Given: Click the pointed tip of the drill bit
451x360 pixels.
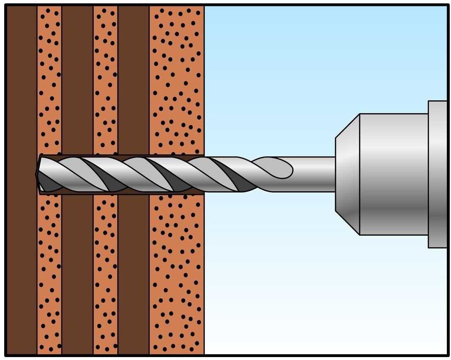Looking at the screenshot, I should click(37, 174).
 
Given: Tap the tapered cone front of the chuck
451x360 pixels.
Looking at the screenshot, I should click(347, 174).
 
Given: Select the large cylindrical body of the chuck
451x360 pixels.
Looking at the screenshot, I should click(393, 174).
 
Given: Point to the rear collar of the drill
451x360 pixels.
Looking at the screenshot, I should click(437, 174).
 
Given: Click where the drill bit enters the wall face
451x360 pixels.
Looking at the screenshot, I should click(204, 174).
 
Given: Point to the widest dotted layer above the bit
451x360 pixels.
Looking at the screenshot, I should click(177, 84).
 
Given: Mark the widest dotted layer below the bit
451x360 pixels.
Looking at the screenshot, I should click(177, 273).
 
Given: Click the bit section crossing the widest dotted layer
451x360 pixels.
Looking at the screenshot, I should click(177, 174).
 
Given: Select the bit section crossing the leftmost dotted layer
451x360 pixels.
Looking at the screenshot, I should click(49, 174).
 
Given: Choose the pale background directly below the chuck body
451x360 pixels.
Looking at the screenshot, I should click(393, 294).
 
